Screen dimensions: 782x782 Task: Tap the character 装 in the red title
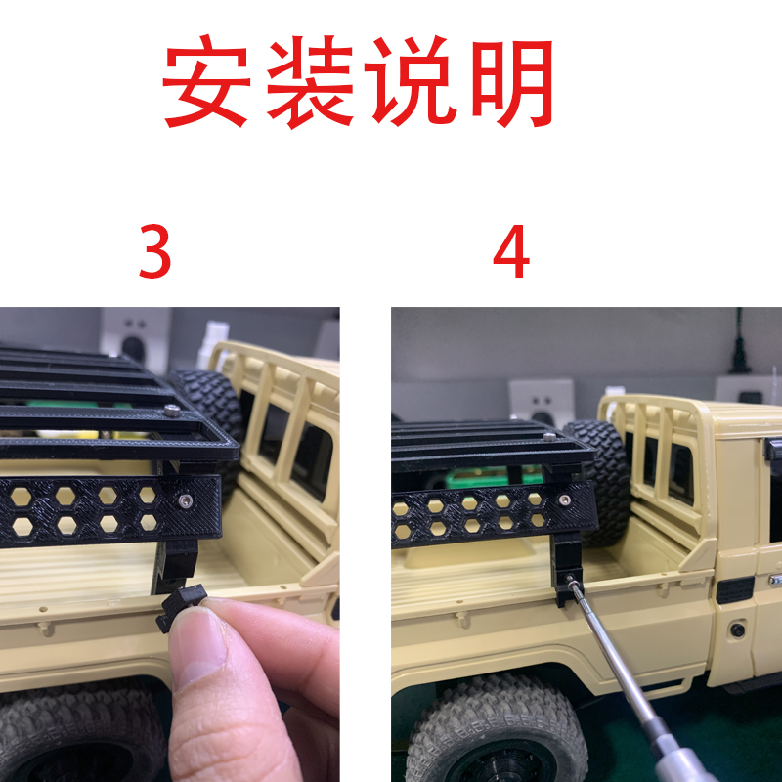(311, 83)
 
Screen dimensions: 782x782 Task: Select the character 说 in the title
(413, 83)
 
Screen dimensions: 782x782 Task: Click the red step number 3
(154, 253)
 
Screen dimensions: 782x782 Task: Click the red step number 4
(510, 253)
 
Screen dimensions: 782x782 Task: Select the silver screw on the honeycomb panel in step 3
(185, 500)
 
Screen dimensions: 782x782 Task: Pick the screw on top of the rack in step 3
(172, 412)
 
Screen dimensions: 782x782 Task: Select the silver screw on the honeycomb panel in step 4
(565, 500)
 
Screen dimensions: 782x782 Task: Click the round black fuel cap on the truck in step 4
(737, 630)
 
